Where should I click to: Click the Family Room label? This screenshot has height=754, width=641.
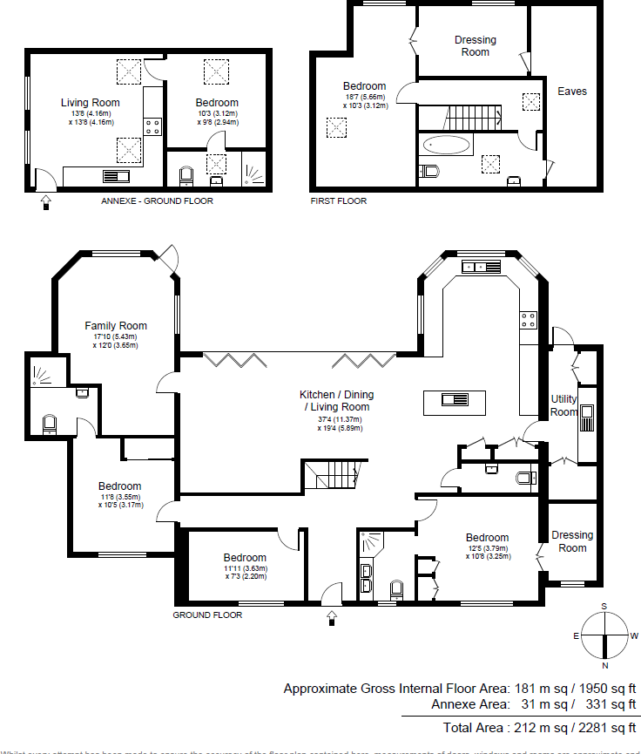[116, 326]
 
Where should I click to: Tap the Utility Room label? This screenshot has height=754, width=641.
[563, 405]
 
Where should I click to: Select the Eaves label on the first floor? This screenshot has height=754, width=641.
[572, 92]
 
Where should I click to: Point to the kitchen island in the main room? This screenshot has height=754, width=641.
[455, 401]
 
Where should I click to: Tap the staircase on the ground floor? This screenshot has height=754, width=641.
[332, 476]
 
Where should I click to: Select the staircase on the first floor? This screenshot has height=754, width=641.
[470, 115]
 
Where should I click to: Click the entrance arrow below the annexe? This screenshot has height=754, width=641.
[45, 202]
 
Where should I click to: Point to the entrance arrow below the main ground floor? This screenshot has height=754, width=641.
[331, 617]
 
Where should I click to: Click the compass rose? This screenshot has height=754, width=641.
[604, 635]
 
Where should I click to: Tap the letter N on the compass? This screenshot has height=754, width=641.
[604, 663]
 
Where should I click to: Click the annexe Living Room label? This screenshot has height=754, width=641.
[91, 103]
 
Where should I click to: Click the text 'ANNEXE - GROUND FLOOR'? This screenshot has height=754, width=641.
[158, 201]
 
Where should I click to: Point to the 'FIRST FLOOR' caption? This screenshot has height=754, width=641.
[339, 201]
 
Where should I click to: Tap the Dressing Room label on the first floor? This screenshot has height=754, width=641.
[476, 45]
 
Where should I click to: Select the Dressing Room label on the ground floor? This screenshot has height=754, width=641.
[572, 541]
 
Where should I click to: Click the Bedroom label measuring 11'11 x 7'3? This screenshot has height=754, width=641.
[245, 558]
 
